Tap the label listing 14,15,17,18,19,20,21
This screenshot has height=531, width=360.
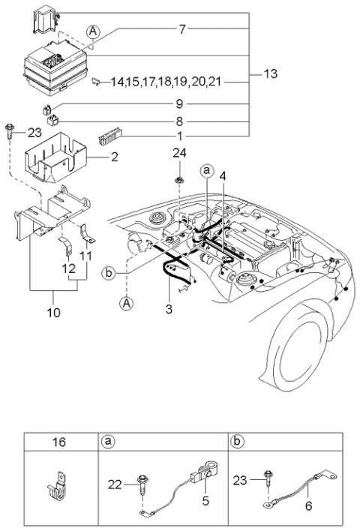point(165,80)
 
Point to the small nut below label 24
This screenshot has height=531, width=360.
point(180,181)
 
